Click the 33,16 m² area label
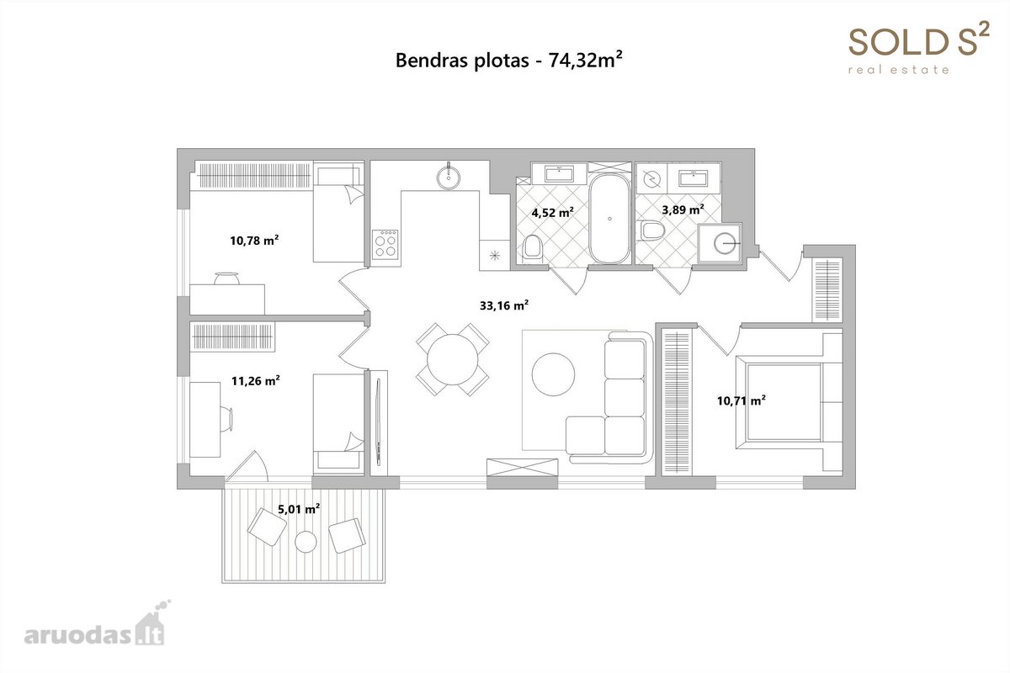pos(503,305)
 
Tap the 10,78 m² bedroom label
pos(254,241)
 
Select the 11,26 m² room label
pos(256,381)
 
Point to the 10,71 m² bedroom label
pos(742,400)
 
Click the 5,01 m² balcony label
pos(299,509)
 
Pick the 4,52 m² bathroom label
pos(552,212)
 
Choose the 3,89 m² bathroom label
pos(683,209)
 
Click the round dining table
pos(452,359)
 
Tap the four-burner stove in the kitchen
pos(385,245)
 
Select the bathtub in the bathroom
pos(609,219)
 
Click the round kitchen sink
pos(449,178)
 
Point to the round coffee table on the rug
pos(553,374)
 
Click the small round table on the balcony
pos(306,542)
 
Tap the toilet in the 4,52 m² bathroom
pos(533,246)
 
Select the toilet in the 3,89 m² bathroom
pos(652,231)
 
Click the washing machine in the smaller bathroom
pos(720,244)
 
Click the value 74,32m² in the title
pos(585,60)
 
